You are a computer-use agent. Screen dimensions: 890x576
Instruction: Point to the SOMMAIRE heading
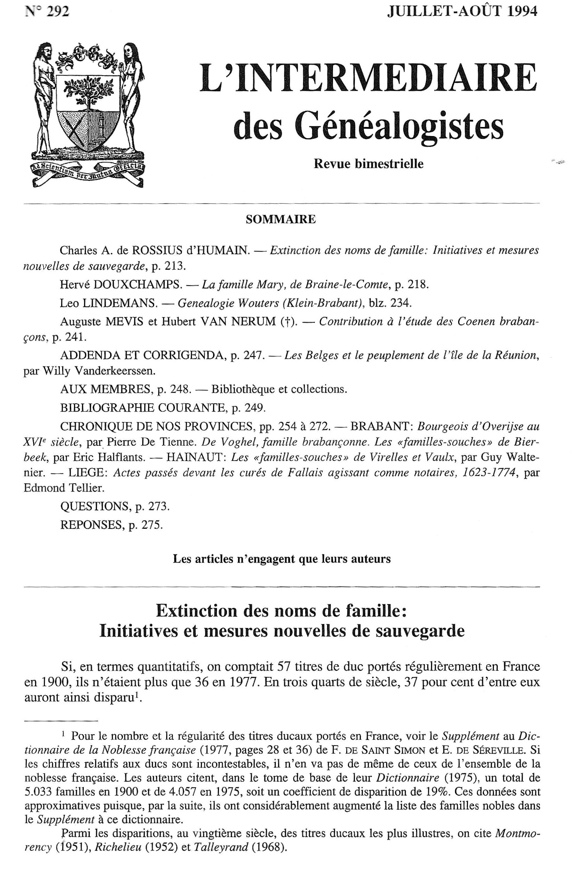coord(281,219)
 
